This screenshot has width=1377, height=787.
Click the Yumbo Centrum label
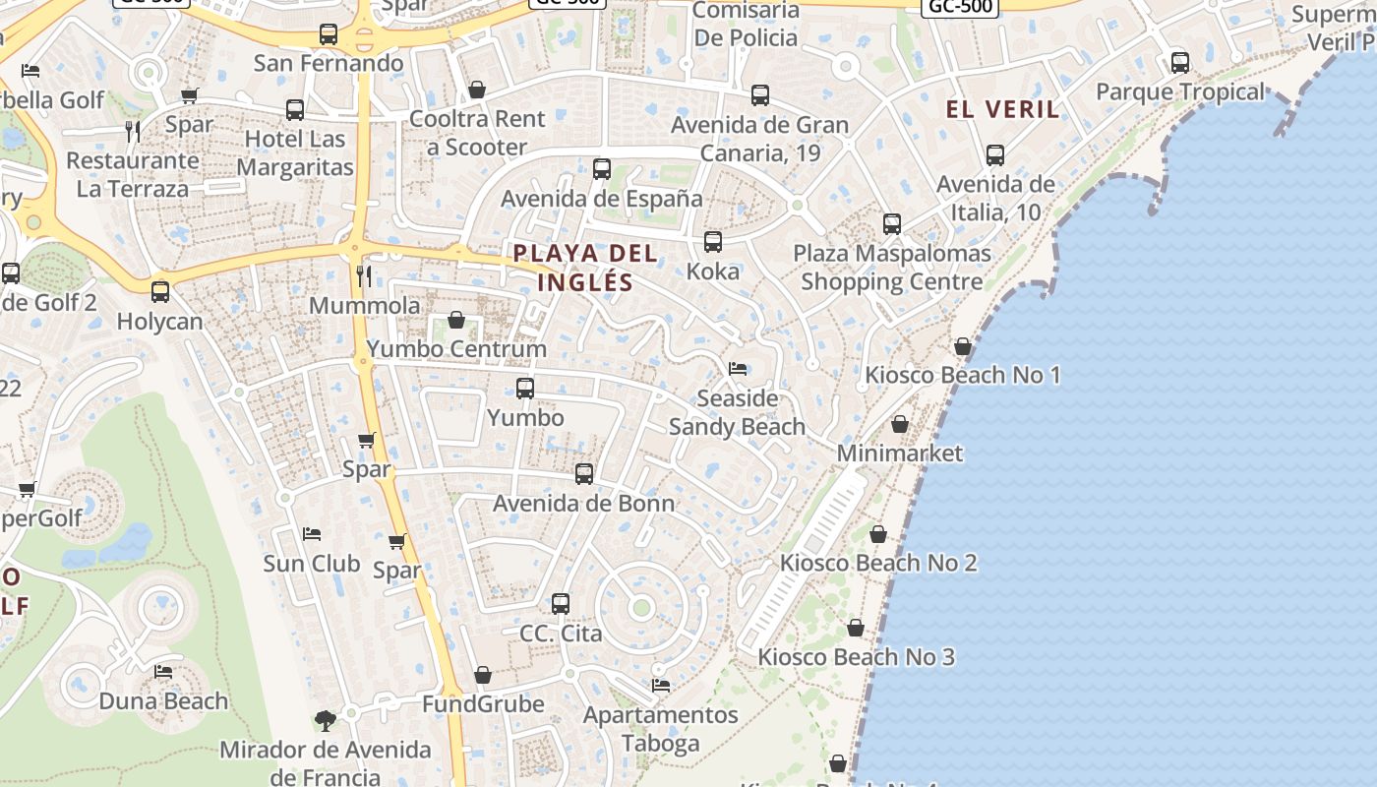(456, 349)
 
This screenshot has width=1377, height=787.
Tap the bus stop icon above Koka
(713, 241)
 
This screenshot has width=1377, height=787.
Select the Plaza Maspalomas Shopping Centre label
(891, 268)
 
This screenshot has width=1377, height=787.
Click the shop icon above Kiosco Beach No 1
(963, 346)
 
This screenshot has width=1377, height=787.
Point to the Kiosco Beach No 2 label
(878, 563)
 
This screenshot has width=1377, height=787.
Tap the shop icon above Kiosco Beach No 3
(856, 627)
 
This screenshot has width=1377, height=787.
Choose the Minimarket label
(900, 454)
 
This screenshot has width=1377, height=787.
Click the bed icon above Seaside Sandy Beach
(738, 369)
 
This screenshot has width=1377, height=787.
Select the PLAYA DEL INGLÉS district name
(585, 268)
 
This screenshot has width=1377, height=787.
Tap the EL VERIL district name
(1003, 109)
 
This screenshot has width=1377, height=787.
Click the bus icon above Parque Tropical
(1180, 63)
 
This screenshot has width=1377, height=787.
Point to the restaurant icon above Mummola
(364, 275)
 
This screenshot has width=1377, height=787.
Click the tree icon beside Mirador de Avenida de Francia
(325, 721)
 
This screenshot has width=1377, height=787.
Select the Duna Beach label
(163, 701)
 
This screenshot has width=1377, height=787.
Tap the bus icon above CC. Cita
(561, 603)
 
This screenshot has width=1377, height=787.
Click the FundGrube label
(483, 704)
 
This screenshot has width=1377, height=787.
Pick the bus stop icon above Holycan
(159, 292)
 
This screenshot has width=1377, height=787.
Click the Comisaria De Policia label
(746, 25)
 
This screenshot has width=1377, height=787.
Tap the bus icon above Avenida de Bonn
(584, 474)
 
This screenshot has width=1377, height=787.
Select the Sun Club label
(312, 564)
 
